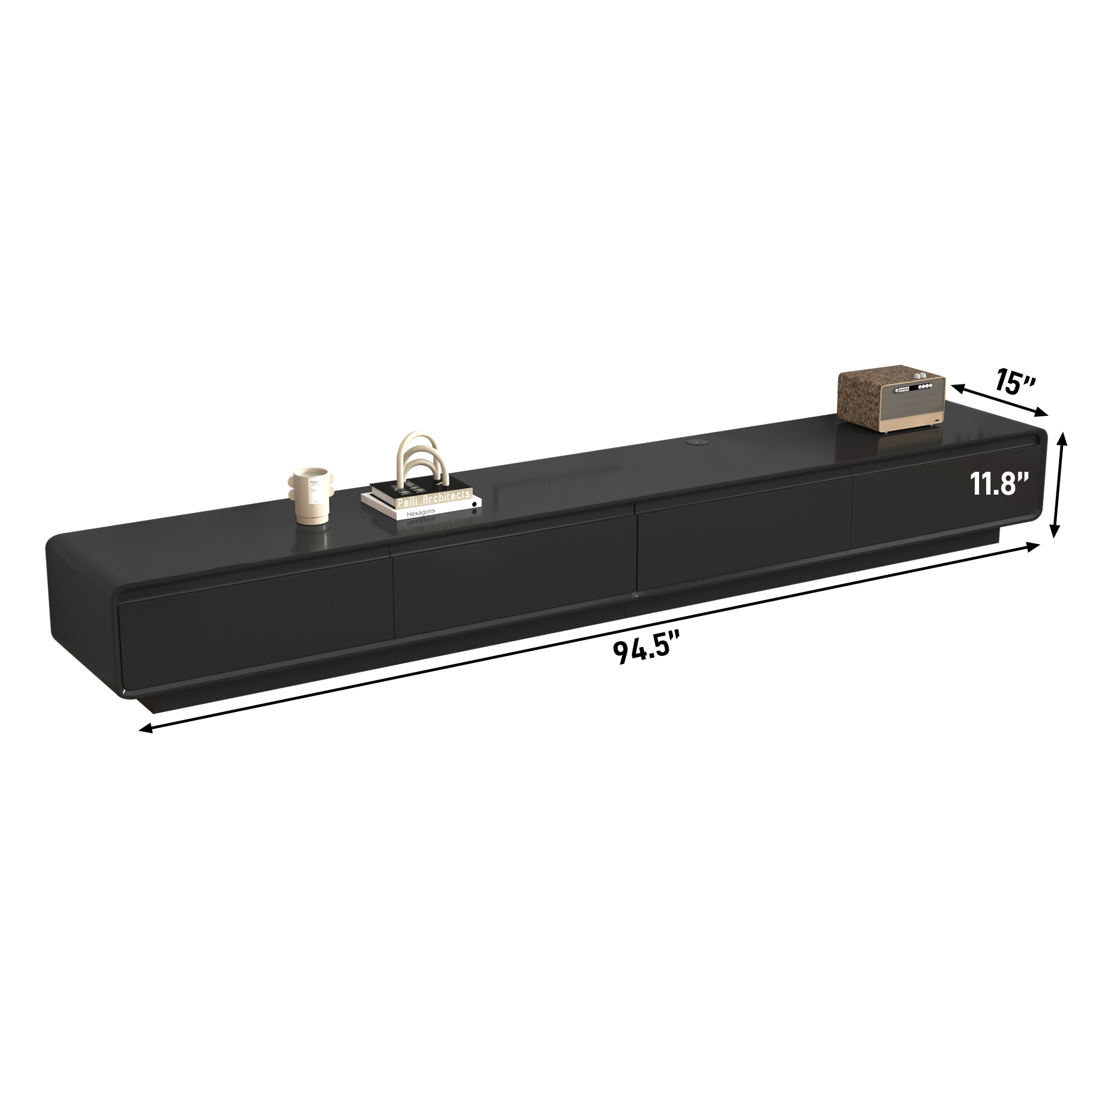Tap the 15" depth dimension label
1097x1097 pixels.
(x=1015, y=383)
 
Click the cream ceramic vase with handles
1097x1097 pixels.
(x=311, y=496)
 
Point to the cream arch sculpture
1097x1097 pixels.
(x=423, y=462)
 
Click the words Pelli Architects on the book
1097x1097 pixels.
(x=434, y=500)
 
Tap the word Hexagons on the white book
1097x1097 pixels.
(x=421, y=513)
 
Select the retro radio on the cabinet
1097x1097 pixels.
(x=891, y=398)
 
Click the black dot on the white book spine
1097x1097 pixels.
(x=474, y=503)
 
